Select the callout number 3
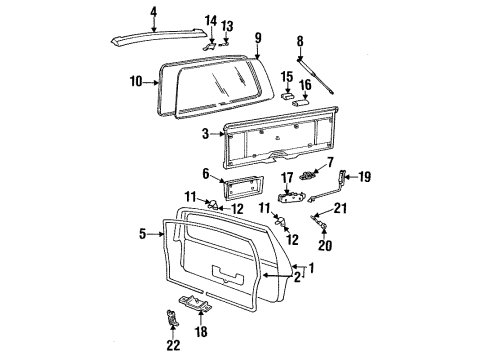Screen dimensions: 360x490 point(205,133)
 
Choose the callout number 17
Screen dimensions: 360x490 point(285,179)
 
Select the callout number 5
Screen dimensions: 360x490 point(144,235)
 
